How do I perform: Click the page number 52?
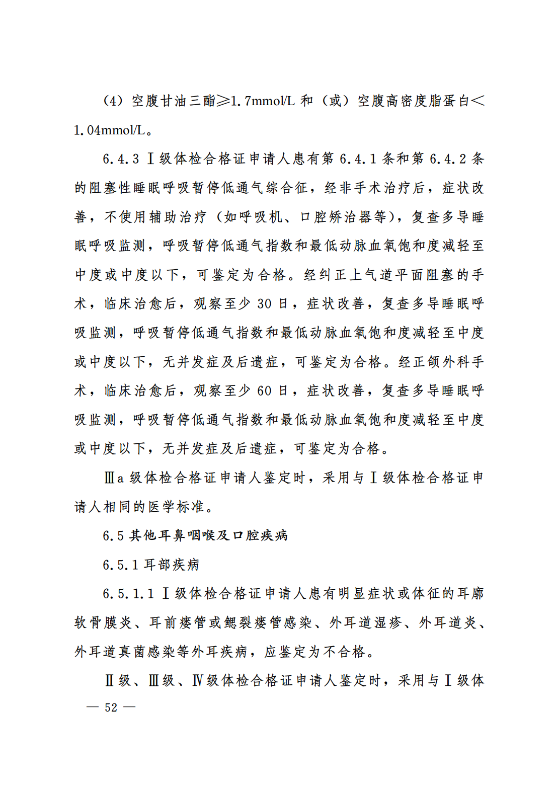[111, 707]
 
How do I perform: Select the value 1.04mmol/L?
[109, 130]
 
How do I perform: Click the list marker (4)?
[113, 101]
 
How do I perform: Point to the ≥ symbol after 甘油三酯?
[223, 101]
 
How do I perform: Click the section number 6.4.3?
[121, 159]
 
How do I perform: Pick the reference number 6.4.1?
[358, 159]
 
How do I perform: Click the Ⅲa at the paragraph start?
[114, 478]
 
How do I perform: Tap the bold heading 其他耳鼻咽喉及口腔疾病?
[208, 535]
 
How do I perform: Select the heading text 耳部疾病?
[172, 565]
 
